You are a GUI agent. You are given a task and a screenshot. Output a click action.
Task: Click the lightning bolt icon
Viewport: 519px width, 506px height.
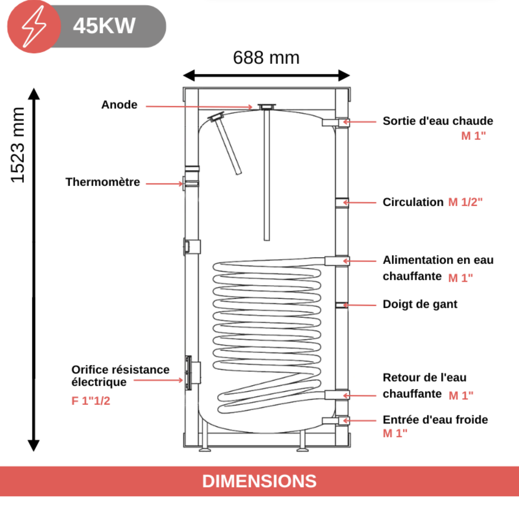34,27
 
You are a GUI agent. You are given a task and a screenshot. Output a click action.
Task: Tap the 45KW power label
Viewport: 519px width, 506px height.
104,26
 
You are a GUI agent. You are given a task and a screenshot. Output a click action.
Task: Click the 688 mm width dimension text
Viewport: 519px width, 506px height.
266,57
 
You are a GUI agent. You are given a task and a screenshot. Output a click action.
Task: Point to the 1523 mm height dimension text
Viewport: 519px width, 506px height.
18,145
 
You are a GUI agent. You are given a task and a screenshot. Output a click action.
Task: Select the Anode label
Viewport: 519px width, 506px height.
119,104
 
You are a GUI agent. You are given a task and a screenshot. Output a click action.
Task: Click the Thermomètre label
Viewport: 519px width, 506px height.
103,182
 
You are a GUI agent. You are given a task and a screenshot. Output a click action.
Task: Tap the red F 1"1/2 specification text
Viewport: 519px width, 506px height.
91,400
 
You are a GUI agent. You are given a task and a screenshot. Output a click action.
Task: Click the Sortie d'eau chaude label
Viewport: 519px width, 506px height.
438,121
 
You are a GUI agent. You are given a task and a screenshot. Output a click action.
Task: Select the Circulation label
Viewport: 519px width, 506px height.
413,202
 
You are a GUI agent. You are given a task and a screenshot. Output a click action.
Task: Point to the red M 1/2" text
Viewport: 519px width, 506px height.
465,202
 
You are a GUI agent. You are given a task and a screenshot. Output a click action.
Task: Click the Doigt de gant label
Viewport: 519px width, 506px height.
420,304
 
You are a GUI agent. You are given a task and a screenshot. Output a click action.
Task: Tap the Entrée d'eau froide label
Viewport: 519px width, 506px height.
435,420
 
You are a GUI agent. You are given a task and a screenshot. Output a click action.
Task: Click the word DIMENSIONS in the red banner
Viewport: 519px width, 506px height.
259,481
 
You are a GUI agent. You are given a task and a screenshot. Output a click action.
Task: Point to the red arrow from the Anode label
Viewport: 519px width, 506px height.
199,107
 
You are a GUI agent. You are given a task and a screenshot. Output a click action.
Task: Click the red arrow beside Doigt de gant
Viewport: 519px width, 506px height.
360,305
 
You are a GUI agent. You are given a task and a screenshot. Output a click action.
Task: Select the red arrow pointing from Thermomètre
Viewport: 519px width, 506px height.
165,184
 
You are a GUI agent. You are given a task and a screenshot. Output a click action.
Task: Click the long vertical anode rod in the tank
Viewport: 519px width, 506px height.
267,172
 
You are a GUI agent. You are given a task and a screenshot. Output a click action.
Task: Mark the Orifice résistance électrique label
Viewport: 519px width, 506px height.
120,376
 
